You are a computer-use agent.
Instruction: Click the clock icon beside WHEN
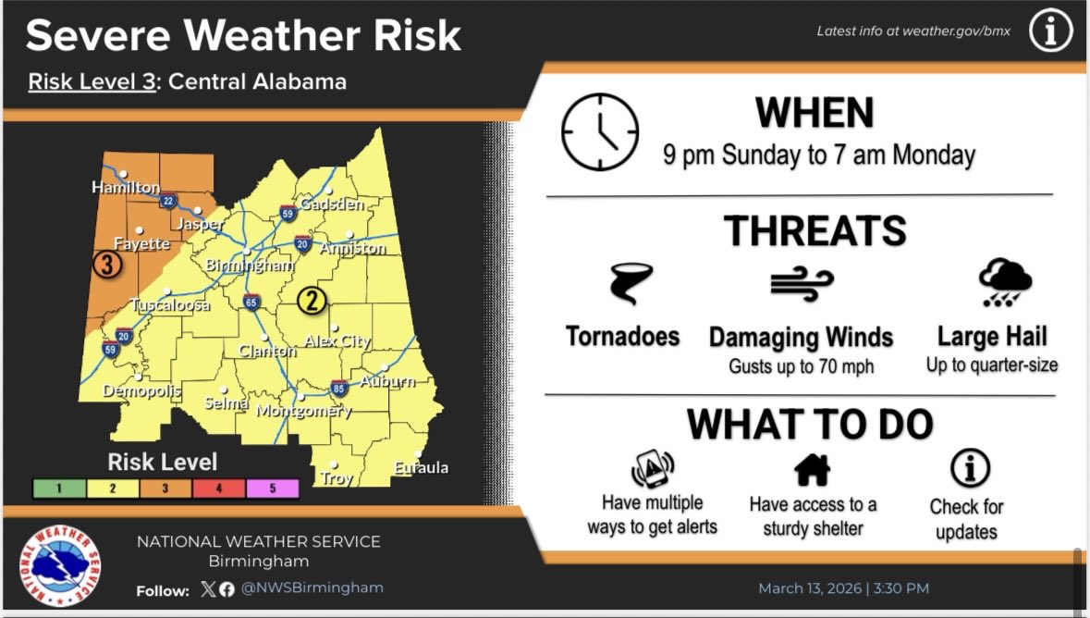(x=600, y=131)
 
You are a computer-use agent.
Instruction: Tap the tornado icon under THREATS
(x=631, y=284)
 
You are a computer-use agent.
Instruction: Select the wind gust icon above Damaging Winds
(x=802, y=284)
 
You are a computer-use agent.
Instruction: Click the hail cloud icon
(x=1004, y=282)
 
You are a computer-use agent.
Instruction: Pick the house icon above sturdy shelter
(x=813, y=470)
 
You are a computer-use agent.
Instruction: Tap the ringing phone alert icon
(x=653, y=470)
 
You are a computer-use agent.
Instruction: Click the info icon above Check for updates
(x=969, y=469)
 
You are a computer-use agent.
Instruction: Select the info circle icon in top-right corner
(x=1050, y=32)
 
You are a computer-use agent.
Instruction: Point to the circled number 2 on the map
(x=312, y=300)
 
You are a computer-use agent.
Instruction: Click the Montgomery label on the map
(x=303, y=411)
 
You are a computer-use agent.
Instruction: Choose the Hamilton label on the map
(x=126, y=188)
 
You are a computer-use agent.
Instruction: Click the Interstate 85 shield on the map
(x=339, y=388)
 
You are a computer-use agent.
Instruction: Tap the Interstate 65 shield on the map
(x=251, y=302)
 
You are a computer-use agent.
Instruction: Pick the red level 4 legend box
(x=218, y=488)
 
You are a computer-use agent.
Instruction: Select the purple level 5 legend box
(x=272, y=488)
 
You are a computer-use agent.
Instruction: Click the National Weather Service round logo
(x=61, y=566)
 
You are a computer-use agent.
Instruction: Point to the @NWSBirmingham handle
(x=312, y=587)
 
